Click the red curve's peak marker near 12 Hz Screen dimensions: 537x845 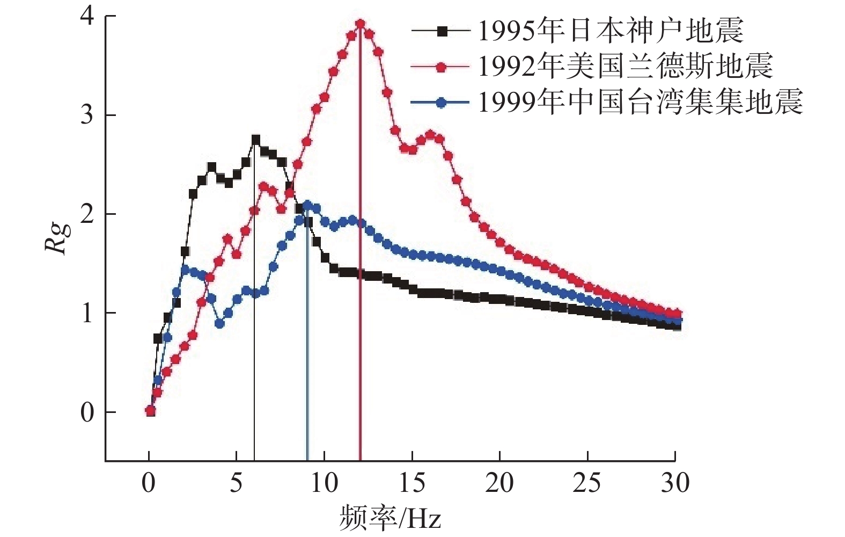(360, 24)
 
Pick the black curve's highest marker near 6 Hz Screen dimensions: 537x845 (255, 140)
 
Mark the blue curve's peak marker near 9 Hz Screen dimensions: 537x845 (307, 205)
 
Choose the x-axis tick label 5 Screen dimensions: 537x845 (236, 483)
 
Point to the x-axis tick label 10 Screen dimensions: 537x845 (324, 483)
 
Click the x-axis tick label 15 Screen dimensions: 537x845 (412, 483)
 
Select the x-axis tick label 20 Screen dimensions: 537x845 (499, 483)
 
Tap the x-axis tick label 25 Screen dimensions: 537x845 (587, 483)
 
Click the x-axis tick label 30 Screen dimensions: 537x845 (675, 483)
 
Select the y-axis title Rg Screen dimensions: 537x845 (58, 236)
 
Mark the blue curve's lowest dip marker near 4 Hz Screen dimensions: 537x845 (219, 323)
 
